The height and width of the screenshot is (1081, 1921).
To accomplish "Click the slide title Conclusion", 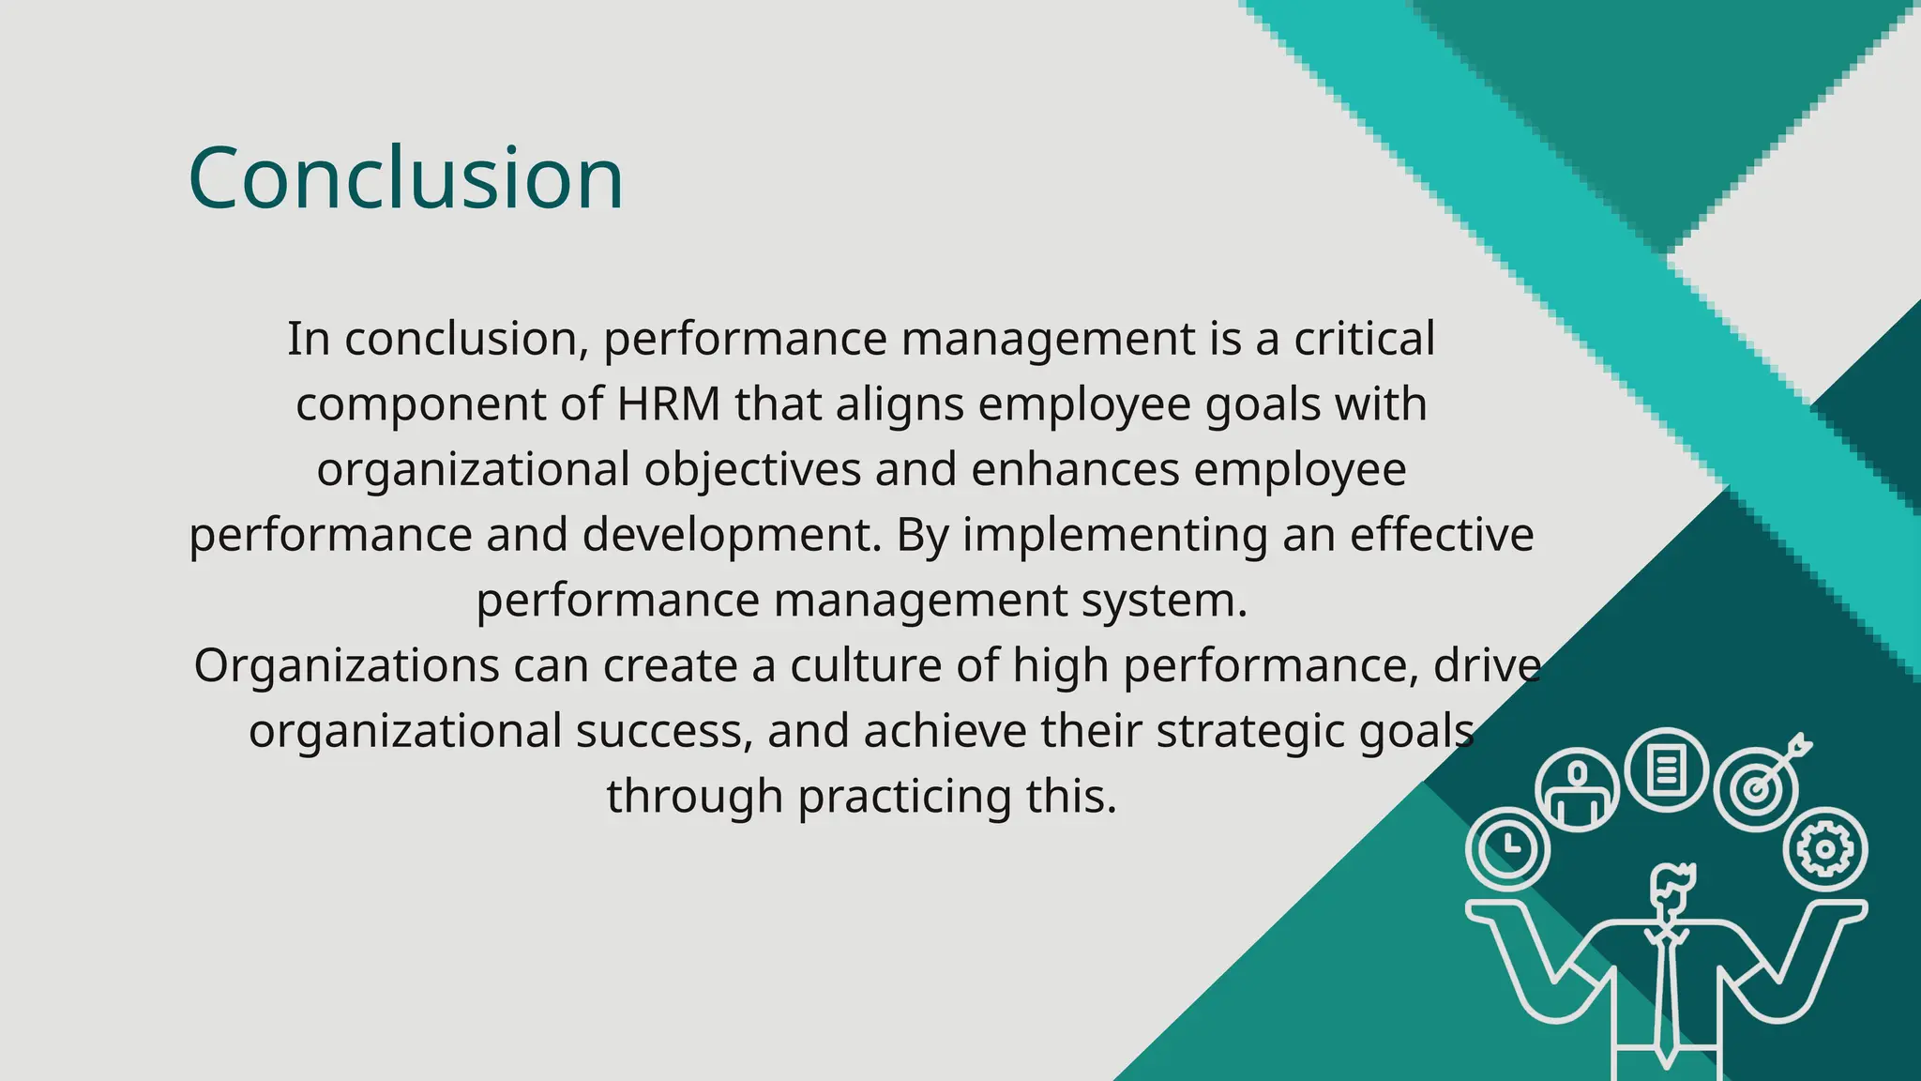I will click(x=405, y=178).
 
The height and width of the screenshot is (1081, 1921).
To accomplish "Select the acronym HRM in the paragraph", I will click(x=668, y=404).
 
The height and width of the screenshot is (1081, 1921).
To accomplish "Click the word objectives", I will click(x=752, y=469).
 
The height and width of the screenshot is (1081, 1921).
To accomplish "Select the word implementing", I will click(x=1114, y=535).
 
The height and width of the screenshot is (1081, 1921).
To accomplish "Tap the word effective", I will click(x=1442, y=535).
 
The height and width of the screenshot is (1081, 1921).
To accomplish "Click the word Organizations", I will click(x=346, y=665).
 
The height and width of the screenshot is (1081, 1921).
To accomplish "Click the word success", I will click(x=664, y=731).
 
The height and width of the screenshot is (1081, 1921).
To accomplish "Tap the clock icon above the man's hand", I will click(x=1508, y=847).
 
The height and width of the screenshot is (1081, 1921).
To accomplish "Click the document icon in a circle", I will click(x=1666, y=769).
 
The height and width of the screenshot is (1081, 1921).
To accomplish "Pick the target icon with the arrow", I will click(x=1758, y=786).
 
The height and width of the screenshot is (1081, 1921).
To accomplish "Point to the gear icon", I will click(x=1824, y=849).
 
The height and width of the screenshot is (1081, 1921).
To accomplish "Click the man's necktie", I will click(x=1667, y=995).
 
